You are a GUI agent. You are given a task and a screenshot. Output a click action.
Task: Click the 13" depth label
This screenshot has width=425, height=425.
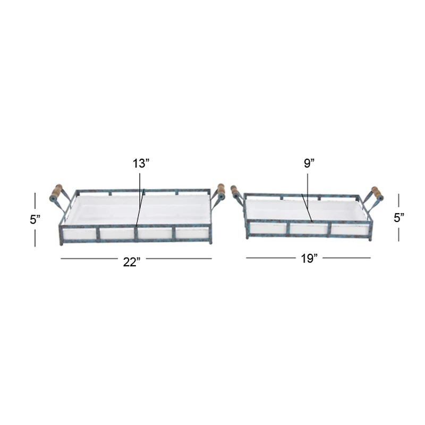click(142, 164)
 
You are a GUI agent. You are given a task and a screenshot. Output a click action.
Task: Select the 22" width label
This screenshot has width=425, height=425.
click(131, 262)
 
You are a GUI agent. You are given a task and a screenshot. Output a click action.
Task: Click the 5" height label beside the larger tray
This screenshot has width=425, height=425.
click(35, 220)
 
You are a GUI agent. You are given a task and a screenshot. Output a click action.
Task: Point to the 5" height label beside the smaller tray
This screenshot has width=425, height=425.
click(399, 217)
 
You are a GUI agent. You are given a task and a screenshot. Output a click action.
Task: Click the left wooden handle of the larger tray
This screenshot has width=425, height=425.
click(56, 192)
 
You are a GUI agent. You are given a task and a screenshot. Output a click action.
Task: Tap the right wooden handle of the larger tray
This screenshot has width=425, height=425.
click(220, 191)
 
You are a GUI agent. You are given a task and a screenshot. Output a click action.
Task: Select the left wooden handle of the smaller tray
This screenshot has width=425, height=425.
click(235, 192)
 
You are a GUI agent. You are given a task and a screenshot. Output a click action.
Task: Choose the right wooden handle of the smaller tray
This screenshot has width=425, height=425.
click(377, 193)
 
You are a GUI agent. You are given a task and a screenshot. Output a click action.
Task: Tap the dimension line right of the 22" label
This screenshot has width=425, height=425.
click(178, 259)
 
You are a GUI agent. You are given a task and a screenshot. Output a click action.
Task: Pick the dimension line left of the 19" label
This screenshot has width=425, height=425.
click(270, 258)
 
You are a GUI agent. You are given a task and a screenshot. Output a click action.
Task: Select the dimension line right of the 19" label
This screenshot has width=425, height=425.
click(346, 258)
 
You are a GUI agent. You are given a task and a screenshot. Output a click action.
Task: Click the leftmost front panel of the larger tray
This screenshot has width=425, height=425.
click(80, 234)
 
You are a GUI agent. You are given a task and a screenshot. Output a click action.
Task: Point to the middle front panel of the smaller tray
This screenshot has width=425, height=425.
click(309, 228)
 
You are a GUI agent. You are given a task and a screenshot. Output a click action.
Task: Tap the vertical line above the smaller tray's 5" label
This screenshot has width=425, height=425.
click(399, 201)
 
